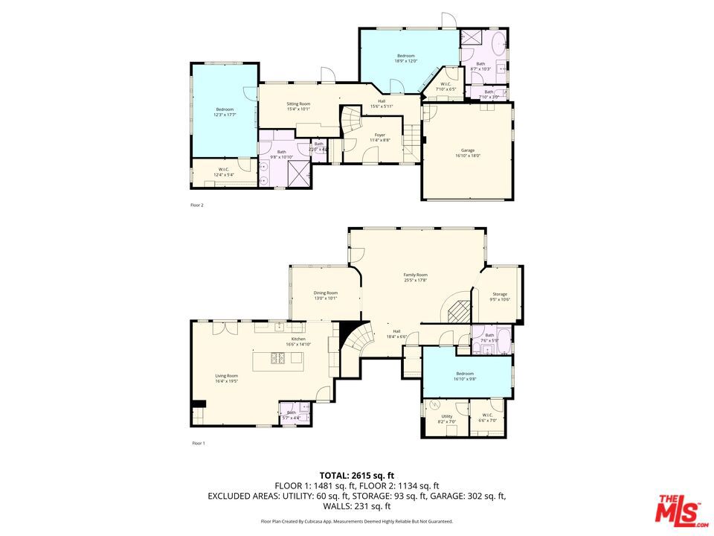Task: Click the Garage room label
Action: point(468,153)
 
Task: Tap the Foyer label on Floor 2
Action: point(379,137)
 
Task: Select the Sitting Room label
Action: point(298,106)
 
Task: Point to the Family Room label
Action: point(415,278)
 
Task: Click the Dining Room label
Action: point(325,295)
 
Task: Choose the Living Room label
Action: point(227,378)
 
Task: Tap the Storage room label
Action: point(500,296)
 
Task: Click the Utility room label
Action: point(446,419)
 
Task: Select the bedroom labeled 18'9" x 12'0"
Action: point(405,58)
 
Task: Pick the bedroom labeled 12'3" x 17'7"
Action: point(225,112)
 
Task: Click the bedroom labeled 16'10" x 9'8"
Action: point(465,376)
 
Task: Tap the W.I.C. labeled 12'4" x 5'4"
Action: point(223,171)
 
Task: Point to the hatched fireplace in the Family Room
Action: point(460,309)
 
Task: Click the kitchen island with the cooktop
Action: point(278,360)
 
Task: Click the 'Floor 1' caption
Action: point(199,444)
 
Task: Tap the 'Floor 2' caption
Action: point(197,204)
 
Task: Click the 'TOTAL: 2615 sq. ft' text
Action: point(357,474)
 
